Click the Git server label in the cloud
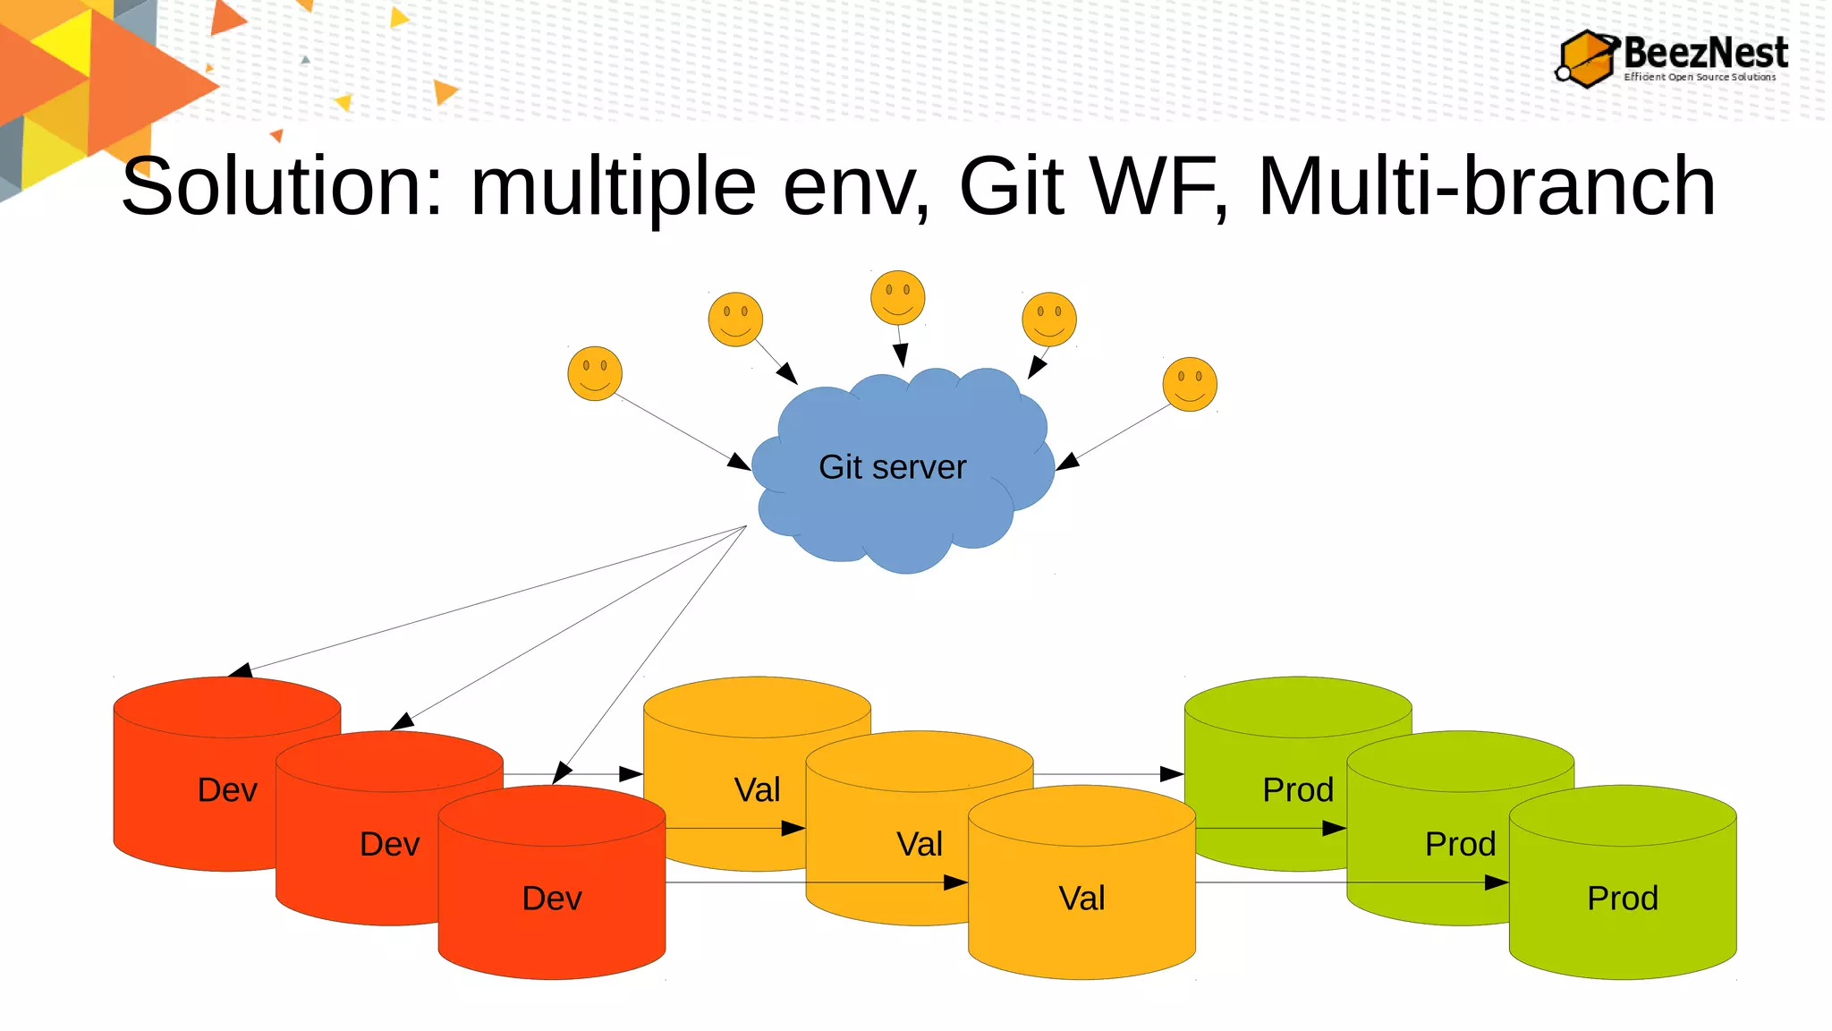click(892, 467)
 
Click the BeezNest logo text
click(1704, 53)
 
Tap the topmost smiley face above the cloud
click(897, 297)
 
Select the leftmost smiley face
click(595, 373)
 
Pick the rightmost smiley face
click(1190, 384)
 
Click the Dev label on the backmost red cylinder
click(227, 790)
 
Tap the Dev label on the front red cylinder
click(552, 899)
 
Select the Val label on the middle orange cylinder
click(920, 844)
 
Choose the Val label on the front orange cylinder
click(1081, 899)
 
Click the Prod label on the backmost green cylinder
click(1297, 790)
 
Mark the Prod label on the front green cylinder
click(1622, 899)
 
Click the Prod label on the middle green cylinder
click(1460, 844)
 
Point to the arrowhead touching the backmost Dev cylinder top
click(240, 670)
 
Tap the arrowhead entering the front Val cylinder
click(956, 882)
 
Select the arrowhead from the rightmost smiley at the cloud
click(1067, 462)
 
